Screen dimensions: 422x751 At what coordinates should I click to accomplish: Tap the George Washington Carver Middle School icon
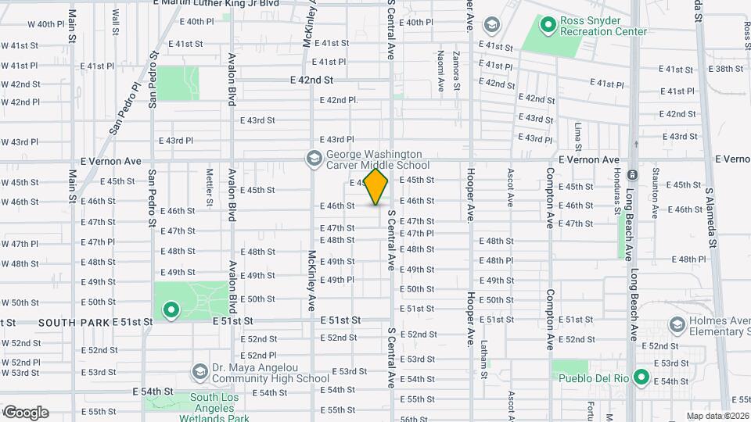coord(314,159)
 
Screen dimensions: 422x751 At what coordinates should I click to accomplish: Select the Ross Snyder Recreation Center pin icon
coord(548,26)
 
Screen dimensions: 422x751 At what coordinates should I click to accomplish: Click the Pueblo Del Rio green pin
coord(641,378)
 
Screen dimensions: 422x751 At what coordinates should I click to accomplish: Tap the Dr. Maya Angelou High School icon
coord(200,373)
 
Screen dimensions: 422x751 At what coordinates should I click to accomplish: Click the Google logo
coord(25,412)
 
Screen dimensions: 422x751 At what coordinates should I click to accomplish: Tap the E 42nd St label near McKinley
coord(311,80)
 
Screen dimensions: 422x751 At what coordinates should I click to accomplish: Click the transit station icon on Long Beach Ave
coord(633,173)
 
